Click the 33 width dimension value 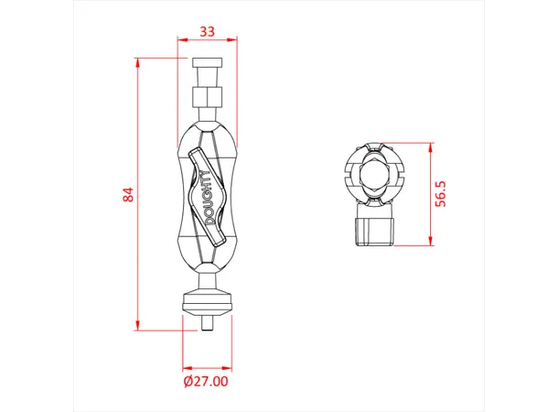click(207, 31)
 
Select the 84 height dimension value click(128, 194)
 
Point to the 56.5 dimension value click(441, 195)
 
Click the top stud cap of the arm click(207, 67)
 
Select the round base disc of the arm click(207, 303)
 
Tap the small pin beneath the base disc click(207, 323)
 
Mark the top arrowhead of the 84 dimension click(138, 61)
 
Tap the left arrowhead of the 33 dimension click(180, 41)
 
